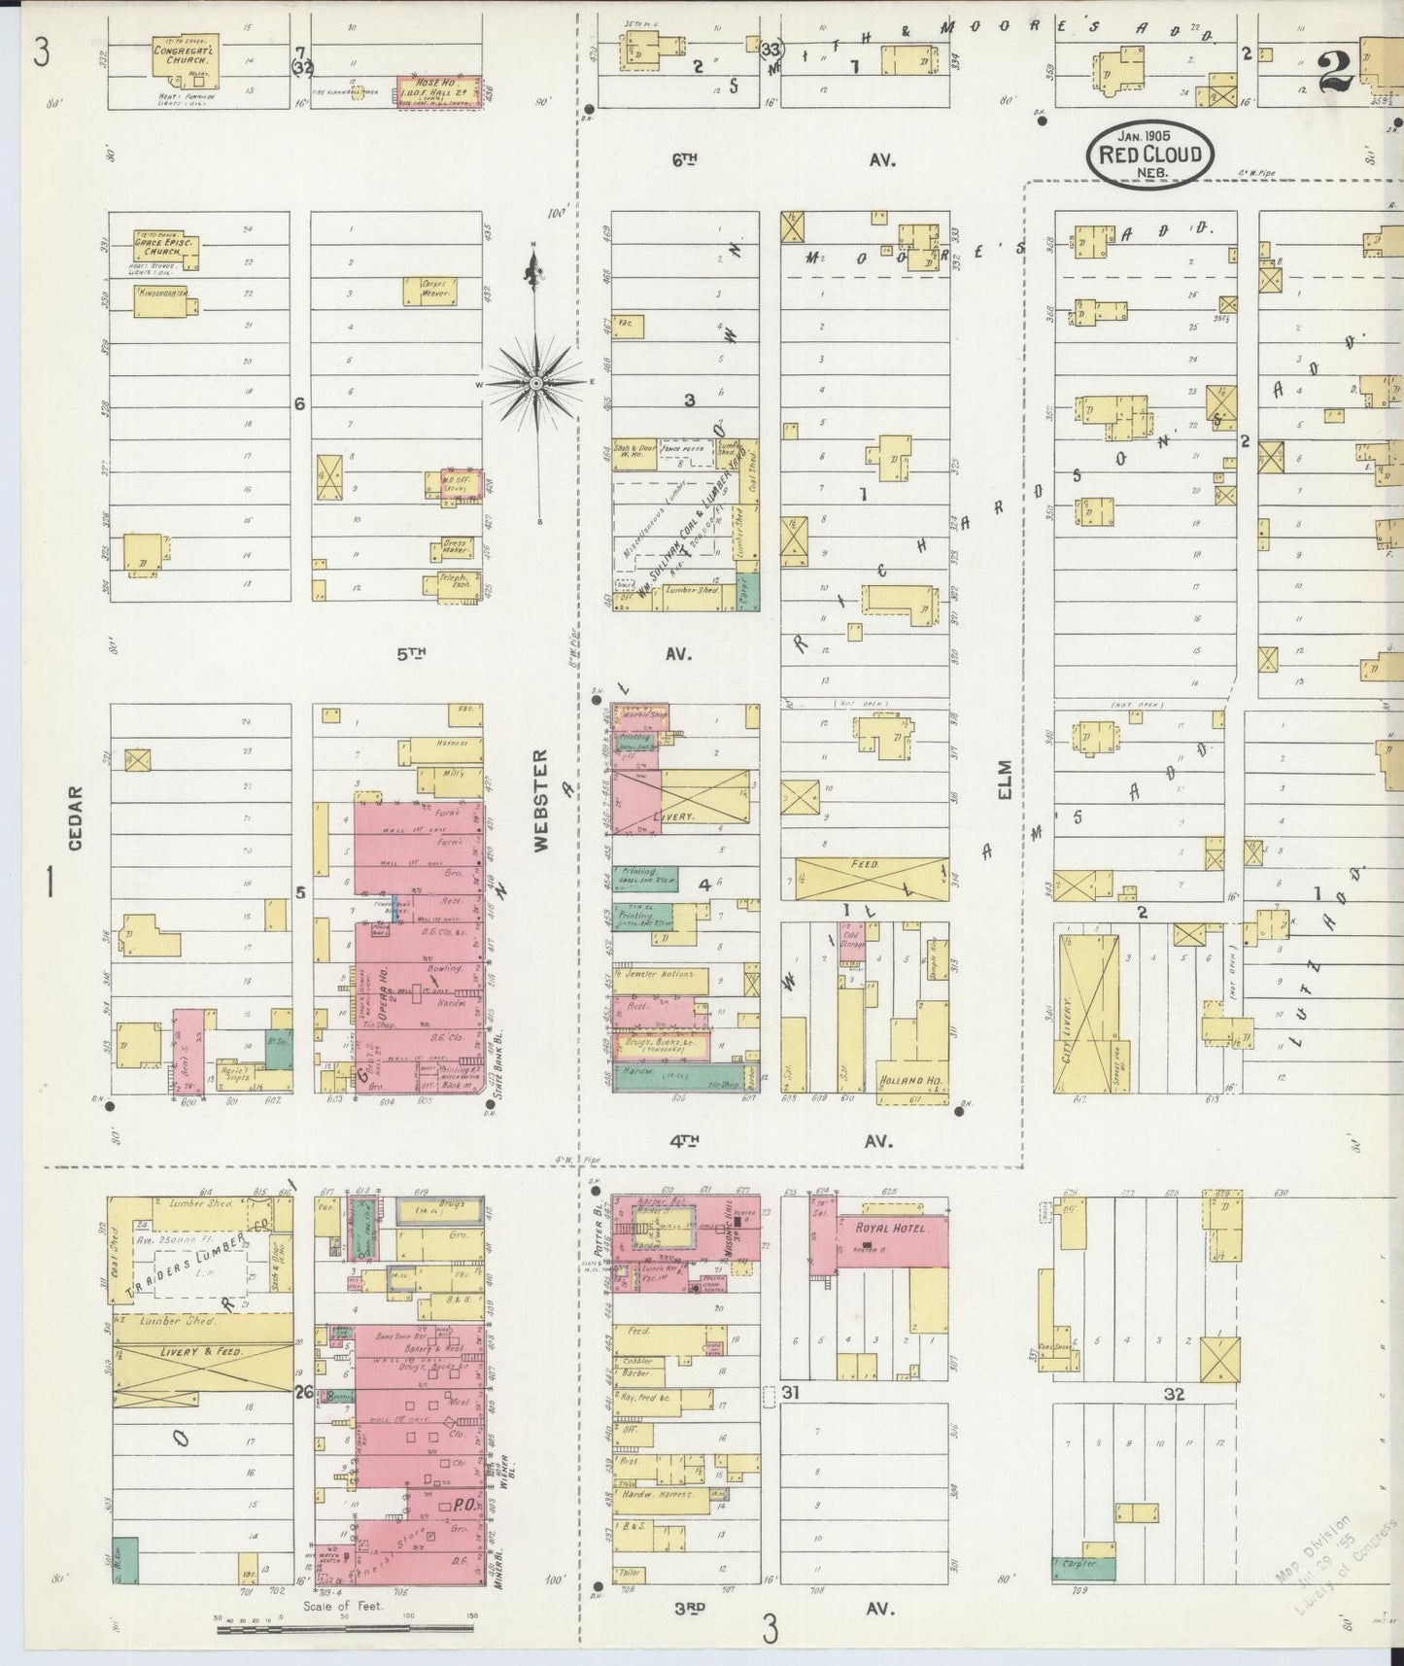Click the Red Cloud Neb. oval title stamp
(x=1149, y=154)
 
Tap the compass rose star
(x=535, y=383)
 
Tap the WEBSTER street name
(x=541, y=800)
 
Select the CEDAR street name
(x=76, y=818)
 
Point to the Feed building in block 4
(x=871, y=878)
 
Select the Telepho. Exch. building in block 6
(x=446, y=584)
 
